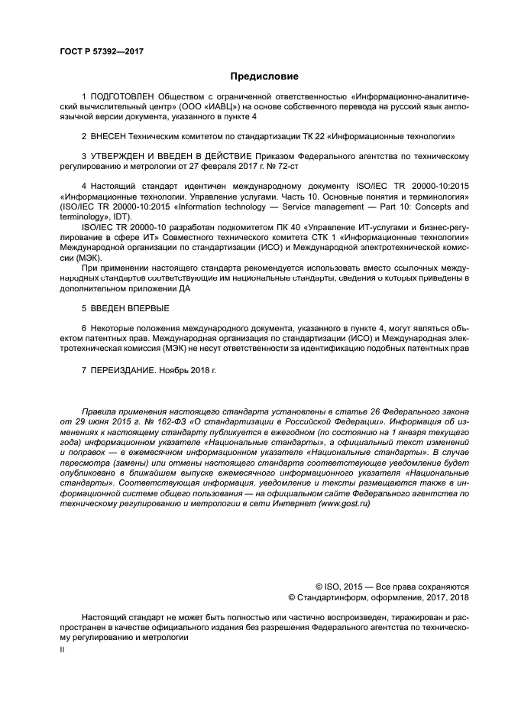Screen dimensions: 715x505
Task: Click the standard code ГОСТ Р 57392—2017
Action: pyautogui.click(x=102, y=52)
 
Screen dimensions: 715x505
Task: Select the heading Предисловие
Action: pyautogui.click(x=265, y=76)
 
